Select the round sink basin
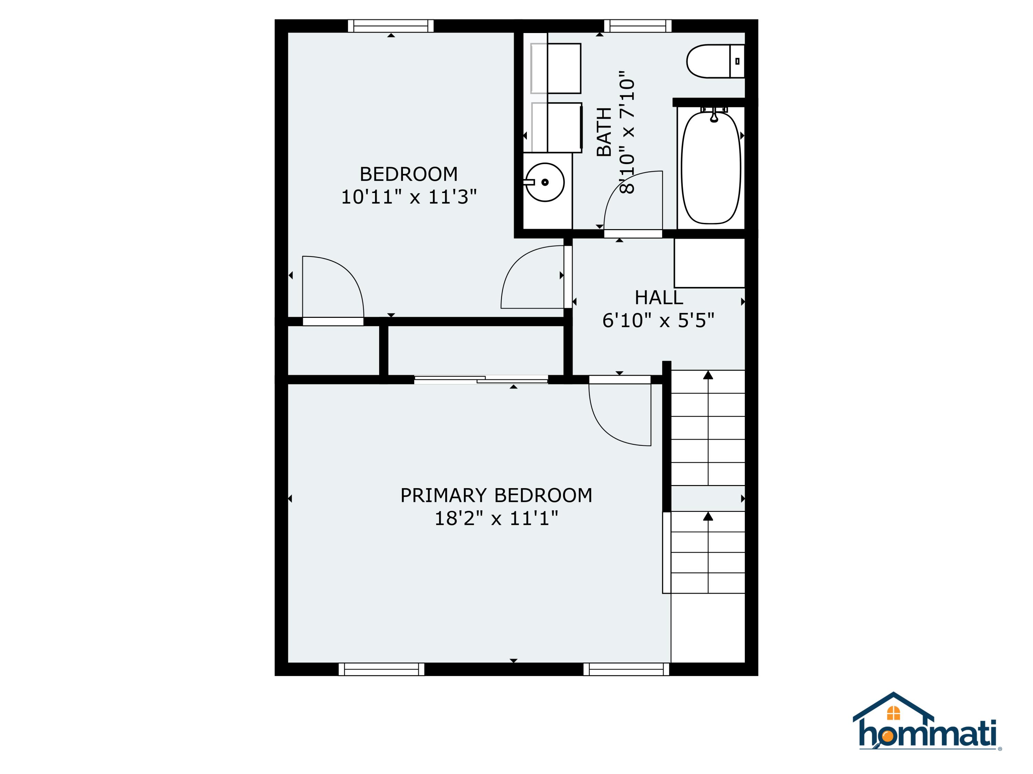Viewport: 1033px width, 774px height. [545, 182]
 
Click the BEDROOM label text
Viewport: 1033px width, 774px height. [409, 174]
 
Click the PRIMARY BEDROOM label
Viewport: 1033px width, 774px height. [496, 495]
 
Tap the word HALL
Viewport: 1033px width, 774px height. [658, 298]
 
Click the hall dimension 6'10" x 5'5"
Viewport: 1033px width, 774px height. [658, 321]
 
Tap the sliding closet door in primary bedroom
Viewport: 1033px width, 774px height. [481, 380]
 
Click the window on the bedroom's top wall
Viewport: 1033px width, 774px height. [391, 26]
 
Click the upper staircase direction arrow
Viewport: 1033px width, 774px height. [708, 375]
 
